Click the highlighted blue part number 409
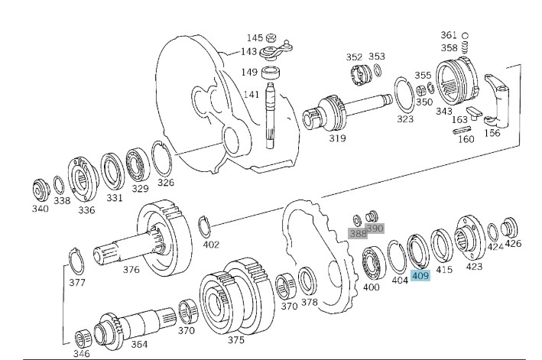tap(420, 276)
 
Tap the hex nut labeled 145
tap(271, 37)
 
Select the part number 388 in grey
tap(358, 233)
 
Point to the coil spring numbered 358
tap(465, 47)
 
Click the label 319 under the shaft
tap(337, 138)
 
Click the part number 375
tap(236, 340)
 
